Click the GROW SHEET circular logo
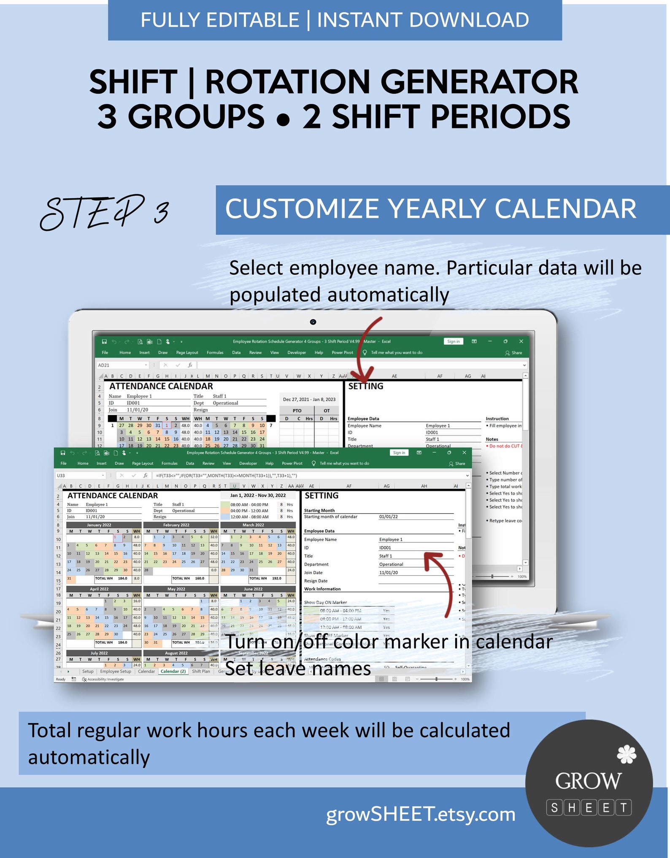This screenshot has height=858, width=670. pyautogui.click(x=589, y=783)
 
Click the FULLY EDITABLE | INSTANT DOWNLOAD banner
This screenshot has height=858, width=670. pyautogui.click(x=335, y=20)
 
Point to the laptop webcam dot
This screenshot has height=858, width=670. pyautogui.click(x=313, y=322)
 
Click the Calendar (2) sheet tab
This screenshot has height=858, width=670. pyautogui.click(x=173, y=671)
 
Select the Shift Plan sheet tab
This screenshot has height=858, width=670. pyautogui.click(x=201, y=671)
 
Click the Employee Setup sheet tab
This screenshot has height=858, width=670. pyautogui.click(x=116, y=671)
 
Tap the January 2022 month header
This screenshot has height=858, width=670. pyautogui.click(x=99, y=525)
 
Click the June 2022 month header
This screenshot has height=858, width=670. pyautogui.click(x=253, y=589)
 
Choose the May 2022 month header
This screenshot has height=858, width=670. pyautogui.click(x=176, y=589)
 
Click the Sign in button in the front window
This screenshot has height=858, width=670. pyautogui.click(x=399, y=452)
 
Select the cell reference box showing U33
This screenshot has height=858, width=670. pyautogui.click(x=79, y=475)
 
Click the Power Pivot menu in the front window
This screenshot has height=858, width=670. pyautogui.click(x=292, y=463)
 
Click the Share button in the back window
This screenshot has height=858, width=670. pyautogui.click(x=513, y=353)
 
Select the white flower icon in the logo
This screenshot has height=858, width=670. pyautogui.click(x=626, y=754)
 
